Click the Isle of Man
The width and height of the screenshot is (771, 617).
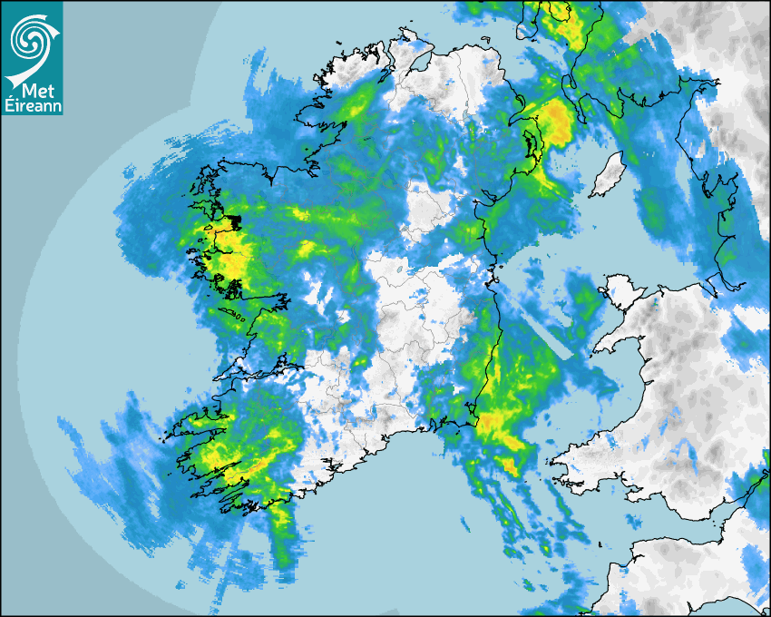pyautogui.click(x=607, y=175)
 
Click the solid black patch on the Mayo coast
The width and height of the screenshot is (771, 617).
pyautogui.click(x=234, y=220)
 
